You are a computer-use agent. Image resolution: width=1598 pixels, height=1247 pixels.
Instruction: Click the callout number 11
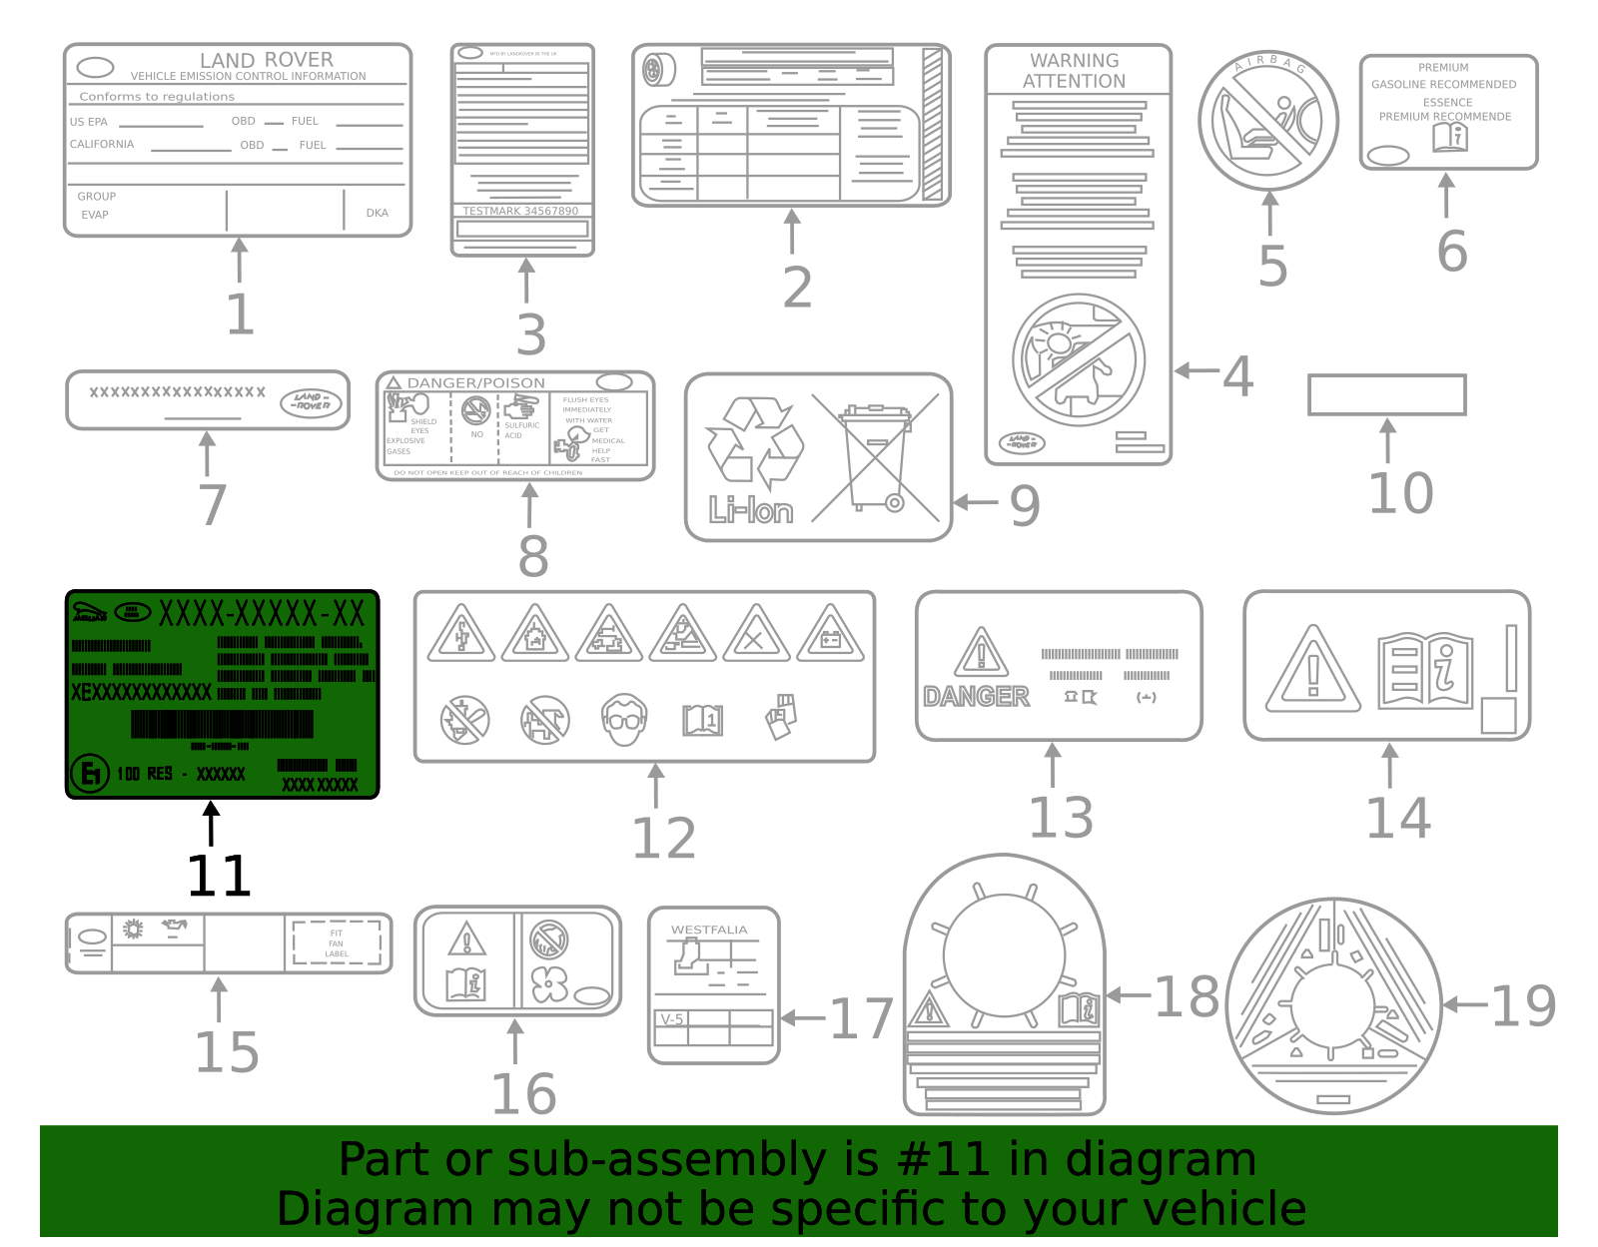(219, 876)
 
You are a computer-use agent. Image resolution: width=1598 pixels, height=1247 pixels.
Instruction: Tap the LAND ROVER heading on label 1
(266, 60)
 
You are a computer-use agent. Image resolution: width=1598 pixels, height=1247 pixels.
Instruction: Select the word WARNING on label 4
(1074, 60)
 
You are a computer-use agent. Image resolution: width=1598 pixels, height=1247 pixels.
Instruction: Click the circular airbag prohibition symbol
(1267, 121)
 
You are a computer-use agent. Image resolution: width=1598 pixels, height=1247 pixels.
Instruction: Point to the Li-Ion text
(751, 511)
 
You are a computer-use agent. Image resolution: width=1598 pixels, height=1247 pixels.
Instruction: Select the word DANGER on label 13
(976, 696)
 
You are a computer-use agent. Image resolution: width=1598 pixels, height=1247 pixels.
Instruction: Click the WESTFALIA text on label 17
(709, 930)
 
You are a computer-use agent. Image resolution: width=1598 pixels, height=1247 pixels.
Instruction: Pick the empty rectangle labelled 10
(1386, 394)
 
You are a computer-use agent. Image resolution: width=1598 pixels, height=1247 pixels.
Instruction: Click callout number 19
(1523, 1005)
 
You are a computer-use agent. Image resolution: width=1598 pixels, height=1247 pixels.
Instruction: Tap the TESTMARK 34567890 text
(520, 211)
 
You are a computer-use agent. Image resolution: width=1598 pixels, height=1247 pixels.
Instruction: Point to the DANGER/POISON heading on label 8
(475, 382)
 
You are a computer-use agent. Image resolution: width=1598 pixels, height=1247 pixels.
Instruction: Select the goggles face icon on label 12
(625, 719)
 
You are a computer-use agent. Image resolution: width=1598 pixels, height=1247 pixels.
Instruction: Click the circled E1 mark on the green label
(90, 773)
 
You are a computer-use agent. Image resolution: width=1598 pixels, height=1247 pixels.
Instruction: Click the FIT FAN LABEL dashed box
(337, 943)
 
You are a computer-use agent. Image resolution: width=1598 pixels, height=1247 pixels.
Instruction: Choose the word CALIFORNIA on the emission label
(102, 144)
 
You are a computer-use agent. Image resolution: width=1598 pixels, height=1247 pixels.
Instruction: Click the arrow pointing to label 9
(975, 502)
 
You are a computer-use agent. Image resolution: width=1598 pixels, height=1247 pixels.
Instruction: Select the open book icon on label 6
(1449, 138)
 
